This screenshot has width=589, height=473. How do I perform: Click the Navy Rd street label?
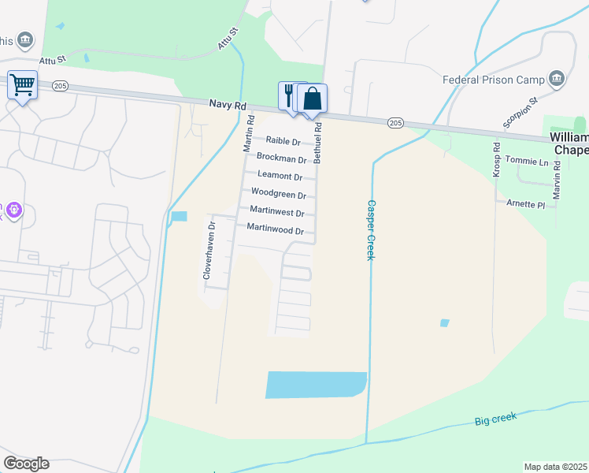pos(228,104)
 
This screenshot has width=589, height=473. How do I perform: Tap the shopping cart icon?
pos(22,84)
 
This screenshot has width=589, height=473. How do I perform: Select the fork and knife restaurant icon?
pos(288,96)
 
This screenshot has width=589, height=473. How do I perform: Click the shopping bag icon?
pos(313,99)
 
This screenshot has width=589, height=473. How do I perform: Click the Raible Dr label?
pos(283,141)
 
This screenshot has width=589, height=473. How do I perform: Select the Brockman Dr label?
pos(281,159)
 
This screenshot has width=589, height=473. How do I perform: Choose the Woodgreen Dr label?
pos(278,193)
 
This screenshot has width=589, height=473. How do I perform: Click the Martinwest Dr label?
pos(276,211)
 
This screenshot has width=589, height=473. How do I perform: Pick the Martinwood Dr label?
pos(276,230)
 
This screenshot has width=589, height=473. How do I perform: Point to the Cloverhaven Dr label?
pos(209,251)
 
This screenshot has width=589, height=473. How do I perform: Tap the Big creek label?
pos(496,419)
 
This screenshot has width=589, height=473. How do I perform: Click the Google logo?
pos(26,463)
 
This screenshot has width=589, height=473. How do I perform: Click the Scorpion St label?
pos(520,113)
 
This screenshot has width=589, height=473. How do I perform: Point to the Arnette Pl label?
pos(524,204)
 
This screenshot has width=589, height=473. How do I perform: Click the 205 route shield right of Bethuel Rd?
pos(395,122)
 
